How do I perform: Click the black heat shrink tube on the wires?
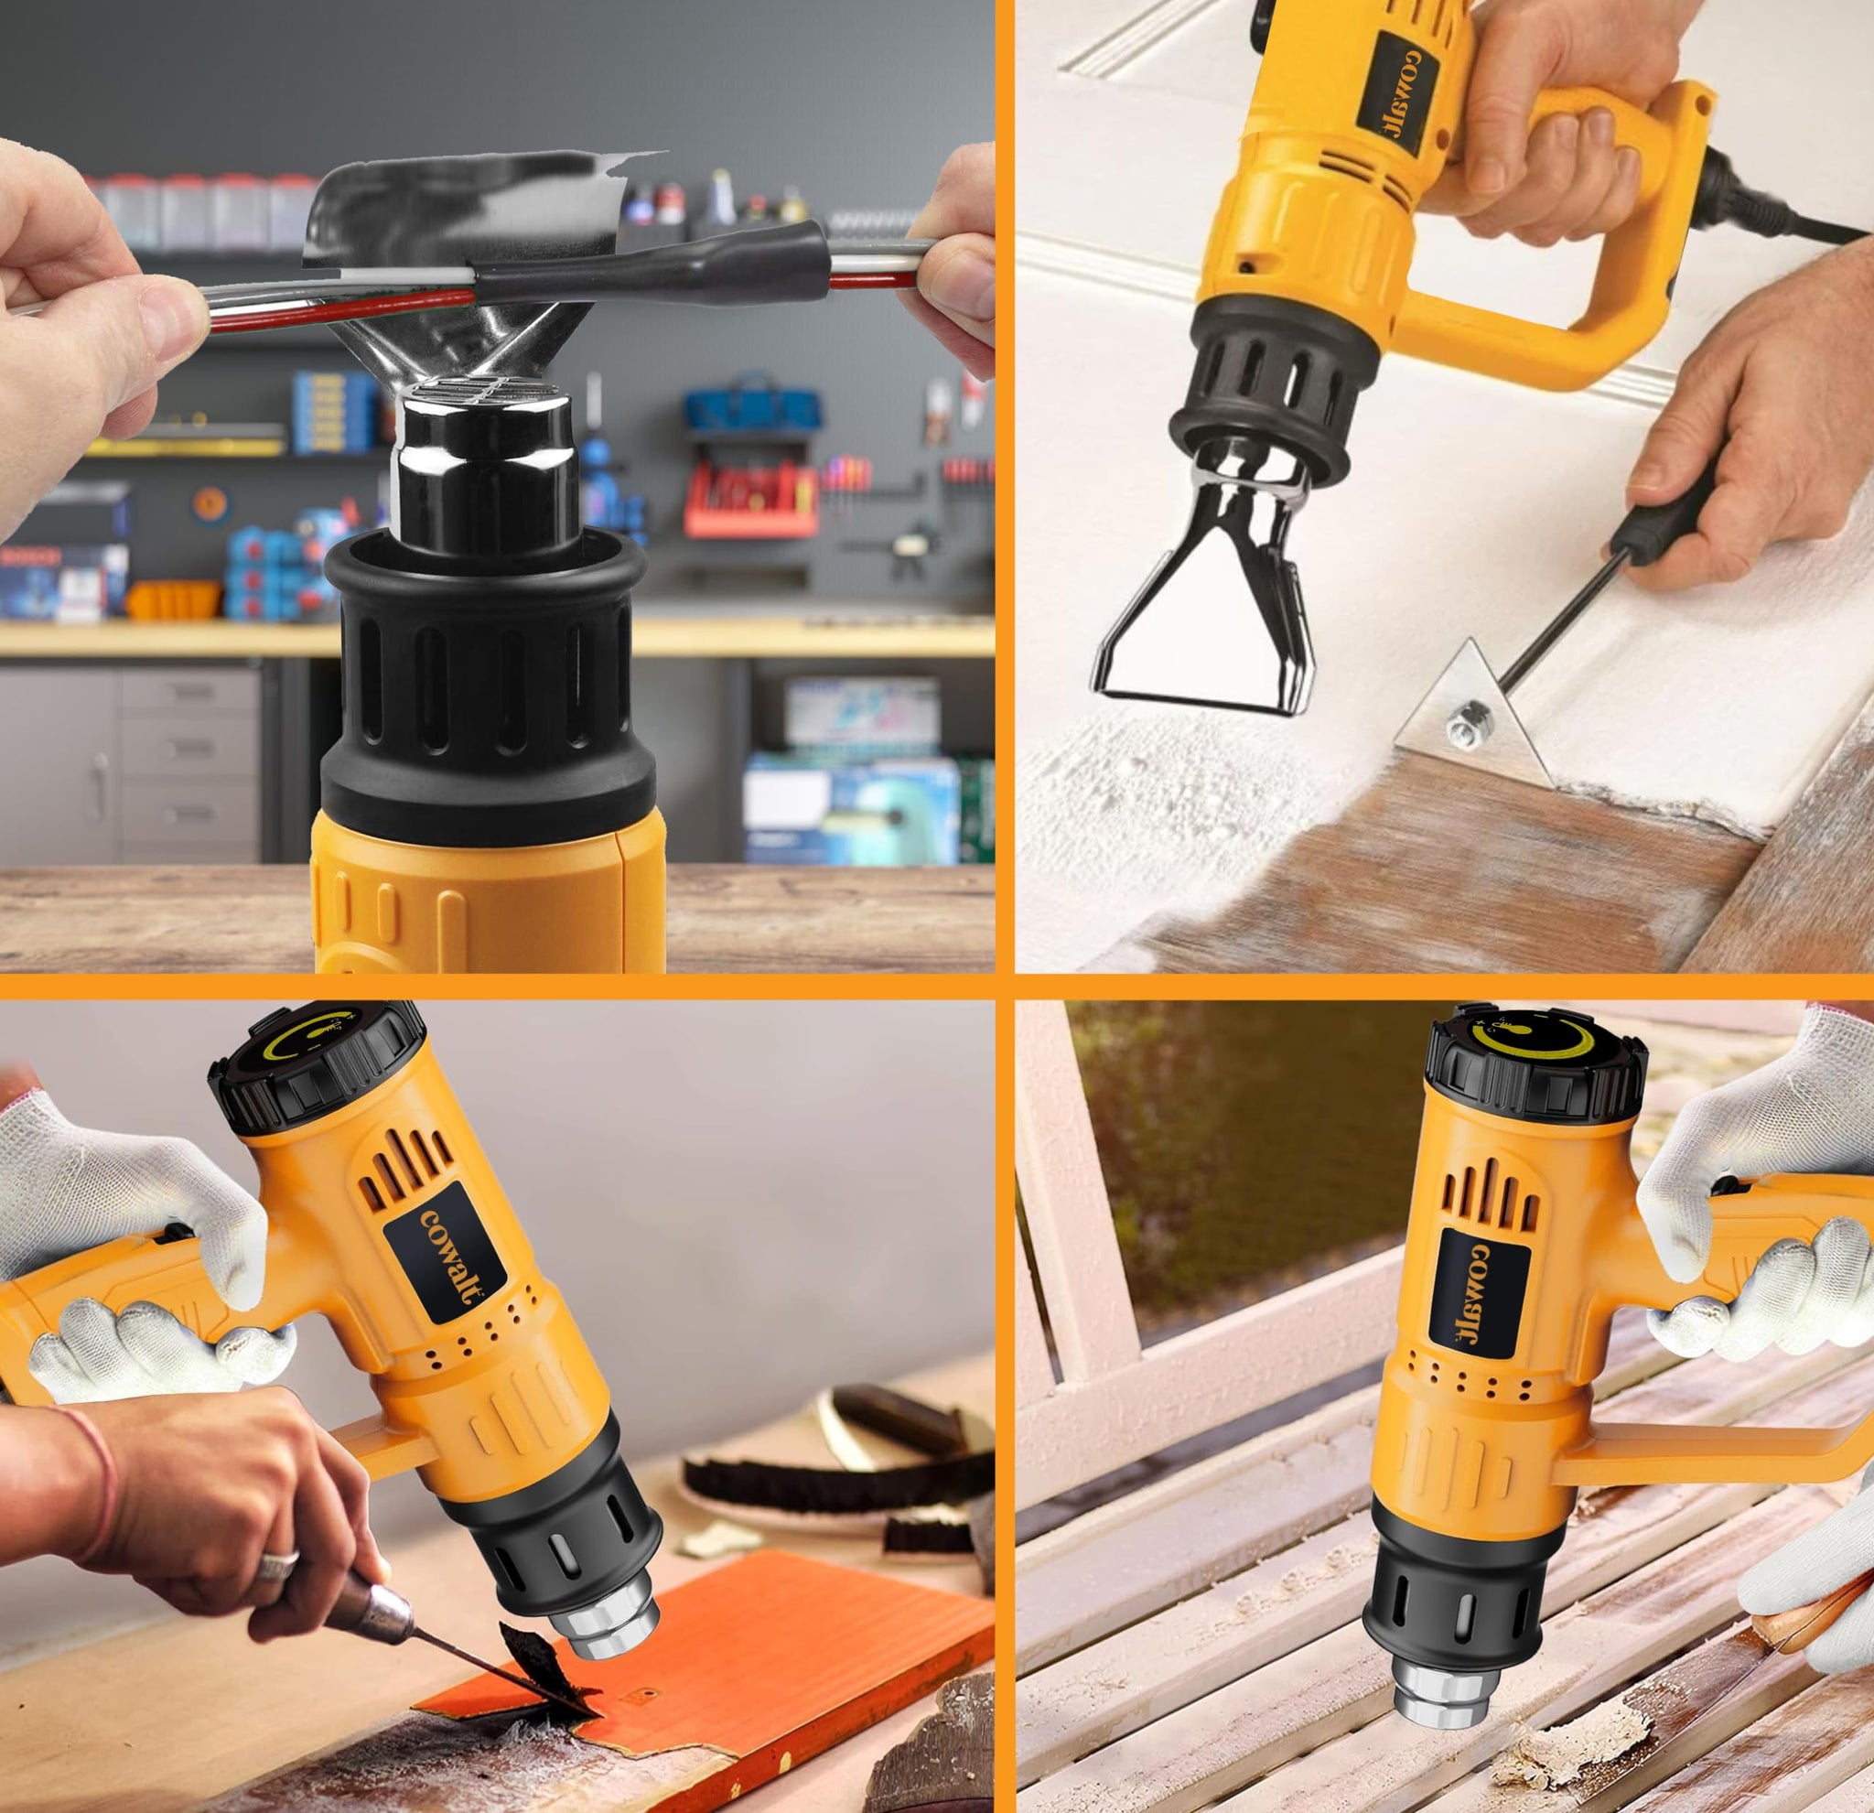pyautogui.click(x=651, y=261)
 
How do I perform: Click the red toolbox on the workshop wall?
pyautogui.click(x=750, y=497)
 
